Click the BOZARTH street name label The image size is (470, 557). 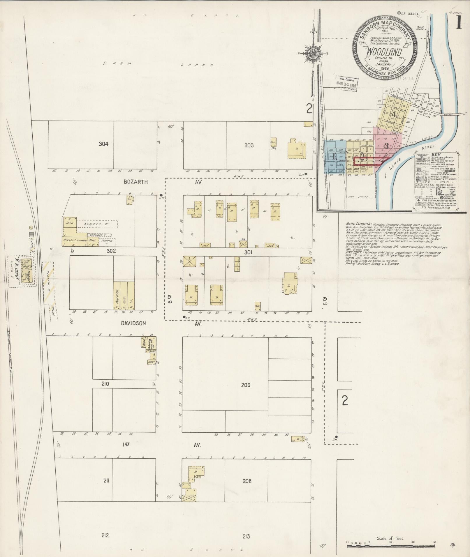pyautogui.click(x=135, y=182)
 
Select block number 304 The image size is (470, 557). pyautogui.click(x=103, y=144)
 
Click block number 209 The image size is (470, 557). pyautogui.click(x=246, y=385)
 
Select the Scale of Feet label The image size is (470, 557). pyautogui.click(x=390, y=538)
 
